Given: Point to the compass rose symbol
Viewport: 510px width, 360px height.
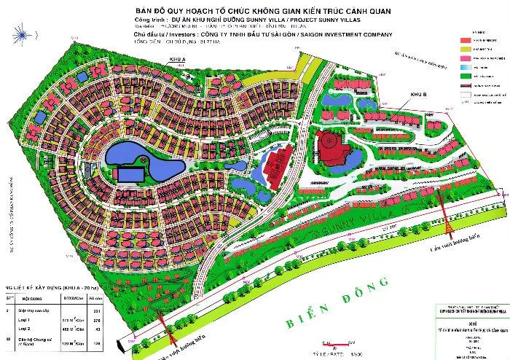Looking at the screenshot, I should (22, 36).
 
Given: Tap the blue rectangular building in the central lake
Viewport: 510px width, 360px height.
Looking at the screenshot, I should (129, 175).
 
